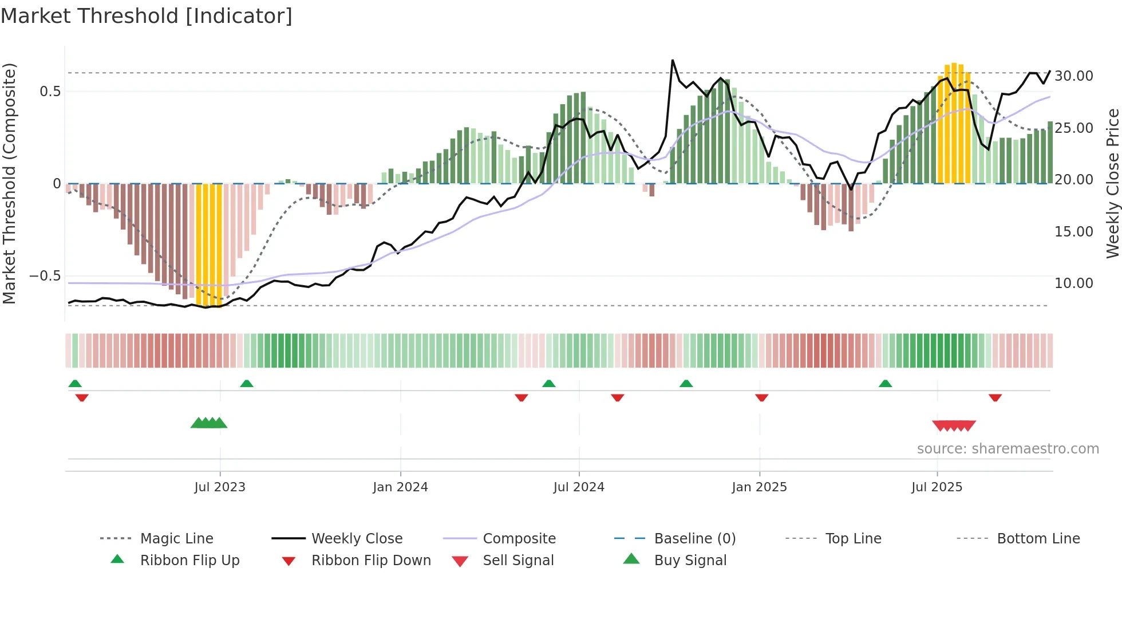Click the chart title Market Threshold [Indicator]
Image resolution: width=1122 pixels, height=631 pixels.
147,16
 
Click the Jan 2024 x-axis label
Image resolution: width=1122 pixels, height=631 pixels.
400,487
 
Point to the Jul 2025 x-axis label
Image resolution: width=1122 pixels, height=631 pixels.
937,487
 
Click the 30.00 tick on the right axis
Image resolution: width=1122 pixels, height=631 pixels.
1073,76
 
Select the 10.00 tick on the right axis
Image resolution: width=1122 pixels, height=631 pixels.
1073,283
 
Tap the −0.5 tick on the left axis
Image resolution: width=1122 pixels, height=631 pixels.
45,276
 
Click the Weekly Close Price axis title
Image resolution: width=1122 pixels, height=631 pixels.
1112,183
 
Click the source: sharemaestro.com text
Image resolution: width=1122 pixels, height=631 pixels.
1008,449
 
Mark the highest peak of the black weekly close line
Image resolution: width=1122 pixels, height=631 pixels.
673,60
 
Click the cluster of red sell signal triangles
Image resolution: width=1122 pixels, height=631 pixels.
954,425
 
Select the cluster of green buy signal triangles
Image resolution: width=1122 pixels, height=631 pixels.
209,423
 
